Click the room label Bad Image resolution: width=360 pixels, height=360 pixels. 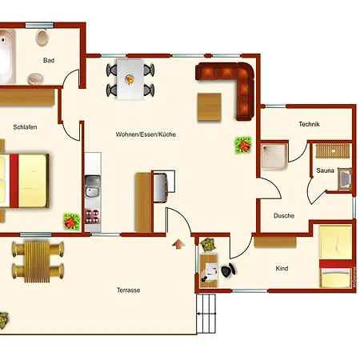click(x=49, y=60)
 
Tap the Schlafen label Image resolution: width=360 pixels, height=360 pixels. click(x=25, y=127)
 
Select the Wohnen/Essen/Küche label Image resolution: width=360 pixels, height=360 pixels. click(x=146, y=134)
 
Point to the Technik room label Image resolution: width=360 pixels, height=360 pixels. click(x=309, y=124)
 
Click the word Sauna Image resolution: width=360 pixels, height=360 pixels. click(x=325, y=170)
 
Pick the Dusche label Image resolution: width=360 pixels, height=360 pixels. click(x=284, y=215)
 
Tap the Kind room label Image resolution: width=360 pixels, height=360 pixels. click(x=282, y=268)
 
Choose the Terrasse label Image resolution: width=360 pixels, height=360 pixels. click(x=128, y=290)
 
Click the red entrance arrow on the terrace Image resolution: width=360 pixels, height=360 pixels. click(x=178, y=244)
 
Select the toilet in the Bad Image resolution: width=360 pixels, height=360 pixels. click(x=42, y=38)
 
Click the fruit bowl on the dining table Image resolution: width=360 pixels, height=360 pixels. click(x=130, y=79)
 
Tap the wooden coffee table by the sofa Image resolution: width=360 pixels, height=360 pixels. click(x=210, y=106)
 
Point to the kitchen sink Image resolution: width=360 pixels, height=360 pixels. click(x=92, y=186)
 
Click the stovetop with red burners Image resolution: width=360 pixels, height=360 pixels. click(x=92, y=216)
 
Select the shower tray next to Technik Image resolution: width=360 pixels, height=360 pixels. click(x=274, y=157)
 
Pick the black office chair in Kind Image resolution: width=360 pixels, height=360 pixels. click(x=228, y=270)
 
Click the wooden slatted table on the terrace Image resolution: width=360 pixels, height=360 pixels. click(x=37, y=262)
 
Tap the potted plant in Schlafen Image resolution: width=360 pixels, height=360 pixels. click(x=71, y=222)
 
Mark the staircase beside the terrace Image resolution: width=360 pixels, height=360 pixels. click(x=206, y=314)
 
